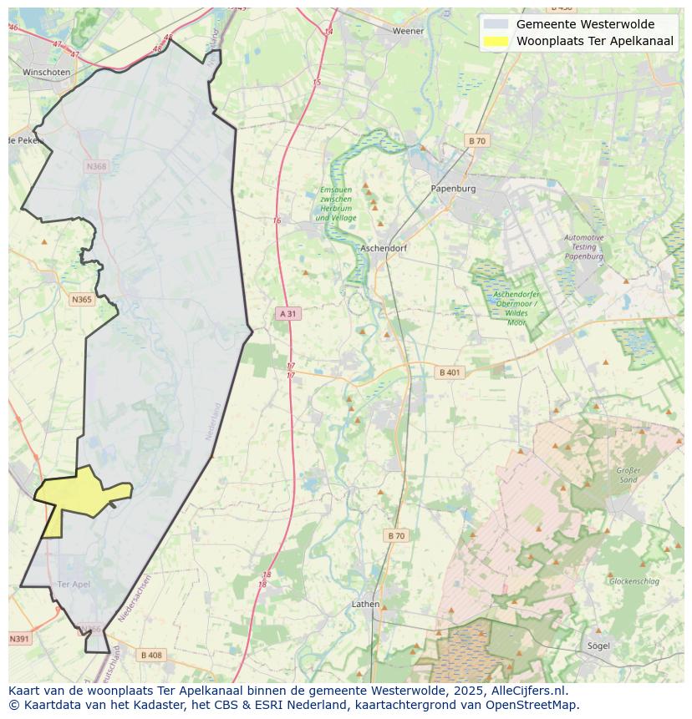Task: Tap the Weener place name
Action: [409, 31]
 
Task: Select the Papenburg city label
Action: [453, 189]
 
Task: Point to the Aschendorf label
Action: [383, 249]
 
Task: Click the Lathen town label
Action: [365, 604]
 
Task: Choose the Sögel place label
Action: [598, 646]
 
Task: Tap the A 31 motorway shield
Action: [287, 313]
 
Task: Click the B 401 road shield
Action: [449, 372]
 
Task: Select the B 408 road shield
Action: [151, 655]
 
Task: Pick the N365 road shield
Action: [82, 299]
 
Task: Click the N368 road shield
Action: [96, 166]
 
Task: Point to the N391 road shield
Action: [19, 639]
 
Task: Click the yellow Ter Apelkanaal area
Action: [79, 494]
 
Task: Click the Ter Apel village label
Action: [74, 584]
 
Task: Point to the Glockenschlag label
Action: [634, 581]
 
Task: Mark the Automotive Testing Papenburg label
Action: [583, 247]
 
